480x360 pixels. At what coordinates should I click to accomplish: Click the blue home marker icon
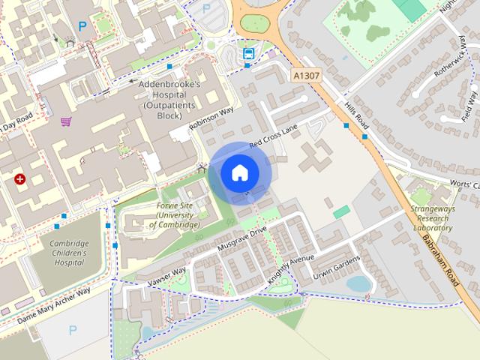tap(238, 173)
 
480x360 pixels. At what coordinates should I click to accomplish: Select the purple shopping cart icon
tap(66, 121)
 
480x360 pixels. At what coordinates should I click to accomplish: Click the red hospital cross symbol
tap(19, 179)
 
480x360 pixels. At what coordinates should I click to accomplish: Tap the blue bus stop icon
tap(247, 52)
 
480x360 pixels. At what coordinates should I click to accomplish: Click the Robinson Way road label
tap(212, 118)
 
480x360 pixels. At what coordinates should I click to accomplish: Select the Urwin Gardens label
tap(337, 266)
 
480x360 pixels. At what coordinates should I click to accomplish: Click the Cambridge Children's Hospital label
tap(69, 253)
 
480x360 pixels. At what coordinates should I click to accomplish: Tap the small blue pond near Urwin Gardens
tap(358, 284)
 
